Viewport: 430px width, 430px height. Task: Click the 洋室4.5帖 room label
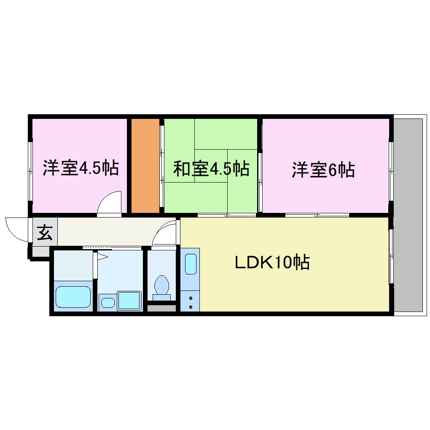point(80,168)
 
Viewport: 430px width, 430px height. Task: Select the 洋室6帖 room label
point(323,170)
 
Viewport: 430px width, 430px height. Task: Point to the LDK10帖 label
point(272,263)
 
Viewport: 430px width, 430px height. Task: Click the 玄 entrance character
point(44,232)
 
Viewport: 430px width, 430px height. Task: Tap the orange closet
point(145,166)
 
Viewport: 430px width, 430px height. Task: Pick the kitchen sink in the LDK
point(190,264)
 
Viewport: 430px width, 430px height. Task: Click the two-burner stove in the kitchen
point(190,301)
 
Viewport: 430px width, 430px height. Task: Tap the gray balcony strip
point(408,215)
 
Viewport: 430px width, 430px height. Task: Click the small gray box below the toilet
point(161,308)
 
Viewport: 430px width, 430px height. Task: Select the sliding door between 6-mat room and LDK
point(317,215)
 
